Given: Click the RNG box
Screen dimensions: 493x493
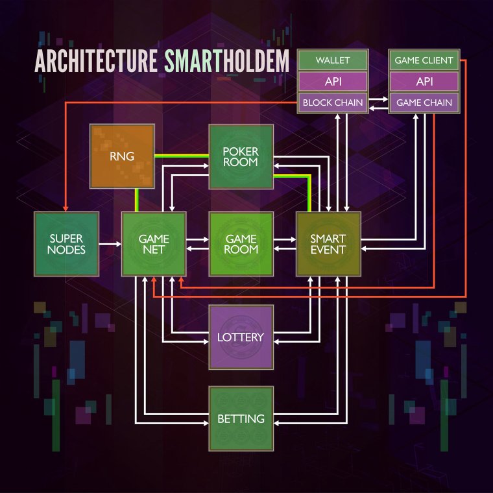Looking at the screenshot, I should (122, 157).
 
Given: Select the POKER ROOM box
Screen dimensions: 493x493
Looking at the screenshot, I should (241, 157).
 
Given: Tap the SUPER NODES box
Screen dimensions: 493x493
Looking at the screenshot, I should (66, 244).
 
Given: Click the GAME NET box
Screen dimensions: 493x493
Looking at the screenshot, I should (154, 244).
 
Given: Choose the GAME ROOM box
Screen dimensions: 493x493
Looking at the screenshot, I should (241, 244).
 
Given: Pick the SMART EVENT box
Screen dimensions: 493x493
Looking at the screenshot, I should (328, 244).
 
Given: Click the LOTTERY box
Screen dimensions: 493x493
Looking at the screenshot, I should (241, 337).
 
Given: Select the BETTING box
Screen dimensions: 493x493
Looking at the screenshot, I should (241, 418).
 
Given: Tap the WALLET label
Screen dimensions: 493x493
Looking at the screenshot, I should (333, 60).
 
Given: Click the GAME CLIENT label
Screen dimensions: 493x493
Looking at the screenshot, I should (424, 60).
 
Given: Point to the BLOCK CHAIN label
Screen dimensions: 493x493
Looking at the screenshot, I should (333, 102).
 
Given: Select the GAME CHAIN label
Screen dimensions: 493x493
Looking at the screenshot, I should (424, 102).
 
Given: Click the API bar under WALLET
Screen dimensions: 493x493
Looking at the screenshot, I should (333, 82).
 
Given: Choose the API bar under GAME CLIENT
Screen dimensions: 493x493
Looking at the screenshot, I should (424, 82).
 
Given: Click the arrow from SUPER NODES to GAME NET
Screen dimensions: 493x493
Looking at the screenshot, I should (110, 244).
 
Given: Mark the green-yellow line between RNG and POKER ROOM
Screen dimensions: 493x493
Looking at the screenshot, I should (182, 156).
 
